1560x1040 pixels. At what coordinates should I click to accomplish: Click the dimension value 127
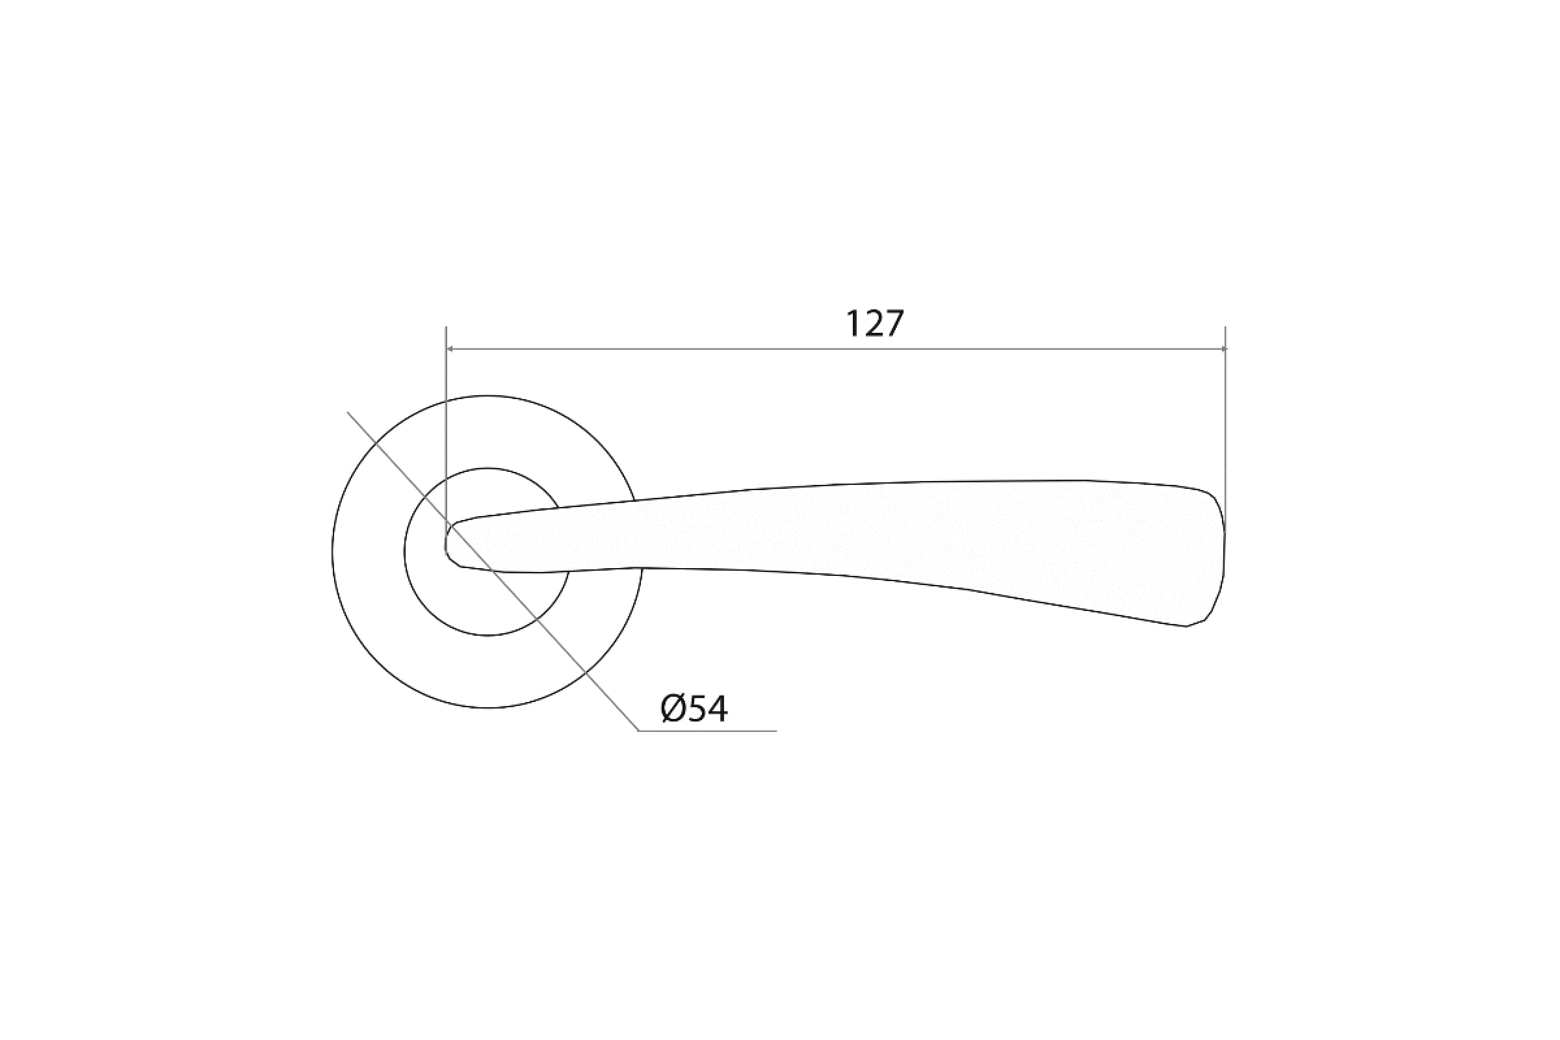pos(875,324)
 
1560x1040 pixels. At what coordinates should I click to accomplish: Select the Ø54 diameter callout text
pos(694,709)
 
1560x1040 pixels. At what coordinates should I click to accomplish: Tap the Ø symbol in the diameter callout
pos(673,709)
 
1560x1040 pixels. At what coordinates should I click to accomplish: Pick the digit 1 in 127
pos(853,324)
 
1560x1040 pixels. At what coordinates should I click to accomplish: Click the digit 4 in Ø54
pos(717,709)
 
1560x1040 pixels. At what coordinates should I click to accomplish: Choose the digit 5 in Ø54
pos(695,709)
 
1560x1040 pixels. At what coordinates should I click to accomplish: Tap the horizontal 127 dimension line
pos(836,348)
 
